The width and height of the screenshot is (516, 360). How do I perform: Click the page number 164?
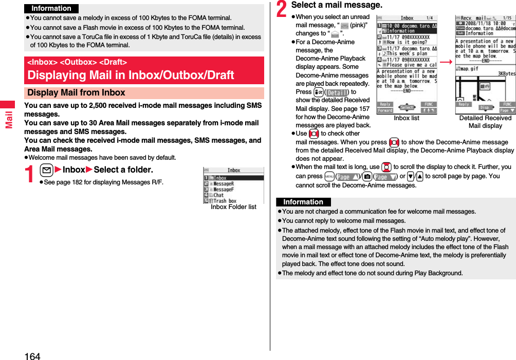click(32, 355)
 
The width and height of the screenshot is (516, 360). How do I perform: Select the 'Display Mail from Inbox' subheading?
click(76, 93)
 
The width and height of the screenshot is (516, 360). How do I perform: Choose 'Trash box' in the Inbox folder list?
click(225, 201)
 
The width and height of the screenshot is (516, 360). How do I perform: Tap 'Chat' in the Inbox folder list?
click(218, 195)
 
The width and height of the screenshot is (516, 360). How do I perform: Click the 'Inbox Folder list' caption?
click(233, 207)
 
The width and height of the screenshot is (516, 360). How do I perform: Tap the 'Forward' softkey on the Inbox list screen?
click(385, 110)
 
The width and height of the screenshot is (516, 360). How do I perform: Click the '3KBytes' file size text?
click(506, 73)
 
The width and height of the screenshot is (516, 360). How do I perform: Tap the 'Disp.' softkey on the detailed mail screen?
click(485, 108)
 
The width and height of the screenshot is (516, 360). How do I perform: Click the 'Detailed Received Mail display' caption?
click(485, 122)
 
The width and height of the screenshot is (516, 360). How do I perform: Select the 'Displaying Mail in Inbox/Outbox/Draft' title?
click(131, 75)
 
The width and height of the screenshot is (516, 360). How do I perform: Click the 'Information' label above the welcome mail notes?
click(303, 202)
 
